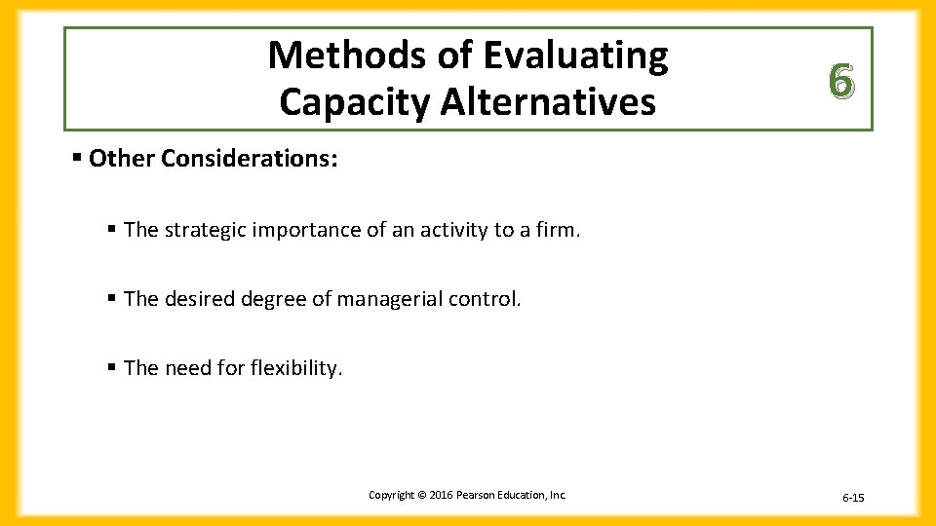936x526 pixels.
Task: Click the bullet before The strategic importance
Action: click(113, 229)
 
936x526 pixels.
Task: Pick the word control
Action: click(486, 299)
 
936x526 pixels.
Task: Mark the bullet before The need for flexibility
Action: click(113, 367)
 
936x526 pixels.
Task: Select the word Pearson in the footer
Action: click(475, 495)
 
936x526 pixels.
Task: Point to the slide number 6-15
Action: click(853, 498)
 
